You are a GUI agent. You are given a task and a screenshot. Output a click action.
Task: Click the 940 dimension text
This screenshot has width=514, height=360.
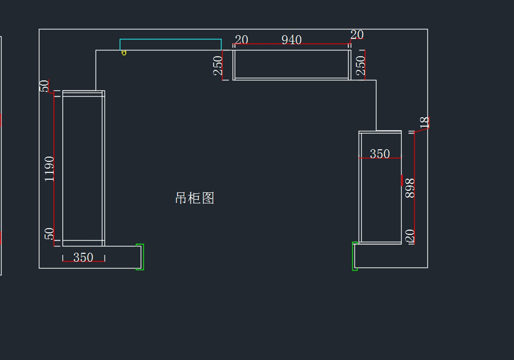(x=291, y=40)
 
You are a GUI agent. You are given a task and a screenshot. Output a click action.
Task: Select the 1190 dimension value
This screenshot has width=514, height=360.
(x=50, y=168)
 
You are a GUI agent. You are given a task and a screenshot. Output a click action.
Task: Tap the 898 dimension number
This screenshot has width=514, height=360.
(x=410, y=188)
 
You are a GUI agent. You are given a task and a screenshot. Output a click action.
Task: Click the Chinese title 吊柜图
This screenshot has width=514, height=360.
(x=194, y=198)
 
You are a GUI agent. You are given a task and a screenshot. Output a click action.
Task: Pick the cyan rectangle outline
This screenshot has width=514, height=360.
(x=170, y=39)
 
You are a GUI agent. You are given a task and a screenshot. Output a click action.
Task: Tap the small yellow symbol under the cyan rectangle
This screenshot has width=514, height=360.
(x=124, y=53)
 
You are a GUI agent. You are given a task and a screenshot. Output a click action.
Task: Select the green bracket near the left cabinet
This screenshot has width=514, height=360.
(x=140, y=257)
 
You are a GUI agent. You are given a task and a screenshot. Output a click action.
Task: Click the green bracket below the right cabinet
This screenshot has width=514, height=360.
(x=354, y=256)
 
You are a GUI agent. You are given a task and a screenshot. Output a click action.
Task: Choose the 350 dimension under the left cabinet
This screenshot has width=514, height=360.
(x=83, y=257)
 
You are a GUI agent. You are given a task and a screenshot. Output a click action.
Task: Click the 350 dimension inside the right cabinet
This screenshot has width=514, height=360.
(x=380, y=153)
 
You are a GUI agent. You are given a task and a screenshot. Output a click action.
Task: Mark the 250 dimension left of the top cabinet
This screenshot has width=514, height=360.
(x=218, y=66)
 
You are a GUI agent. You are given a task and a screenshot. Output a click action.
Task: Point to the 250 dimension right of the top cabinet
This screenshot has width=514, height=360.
(x=361, y=65)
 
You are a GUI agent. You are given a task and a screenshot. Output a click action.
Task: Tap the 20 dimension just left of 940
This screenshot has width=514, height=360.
(x=241, y=40)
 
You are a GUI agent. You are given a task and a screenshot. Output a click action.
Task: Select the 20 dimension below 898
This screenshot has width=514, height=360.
(x=410, y=236)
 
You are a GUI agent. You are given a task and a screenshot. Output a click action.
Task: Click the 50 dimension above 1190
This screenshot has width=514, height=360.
(x=45, y=86)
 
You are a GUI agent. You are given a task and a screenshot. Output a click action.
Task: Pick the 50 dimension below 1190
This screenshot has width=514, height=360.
(x=50, y=234)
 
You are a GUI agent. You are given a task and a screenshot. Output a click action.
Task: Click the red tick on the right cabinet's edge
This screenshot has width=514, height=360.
(x=401, y=180)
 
